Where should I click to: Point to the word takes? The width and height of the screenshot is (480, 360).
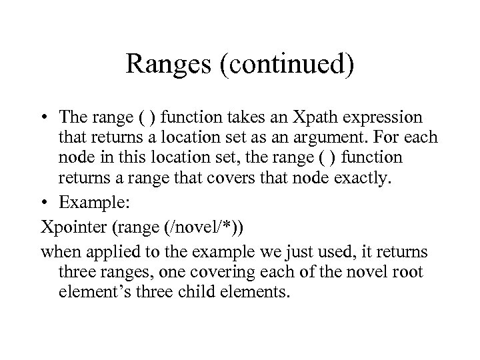[x=250, y=118]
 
